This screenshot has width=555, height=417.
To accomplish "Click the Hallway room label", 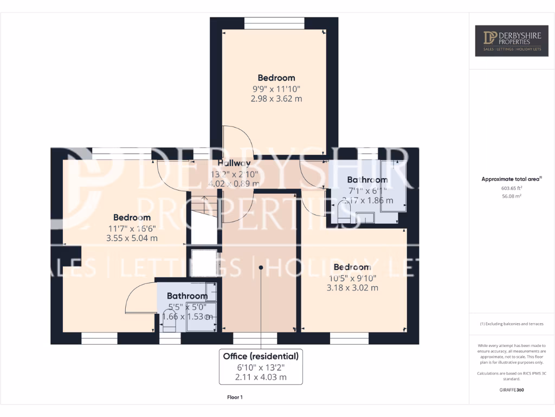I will coord(234,163).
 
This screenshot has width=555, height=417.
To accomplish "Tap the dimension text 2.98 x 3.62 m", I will coord(276,99).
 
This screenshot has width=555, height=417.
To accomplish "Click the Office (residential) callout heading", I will coord(261,357).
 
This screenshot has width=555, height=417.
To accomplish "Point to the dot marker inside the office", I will coord(261,267).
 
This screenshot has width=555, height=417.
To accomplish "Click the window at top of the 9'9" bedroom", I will coord(274,23).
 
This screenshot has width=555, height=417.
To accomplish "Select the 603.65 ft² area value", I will coord(512,188).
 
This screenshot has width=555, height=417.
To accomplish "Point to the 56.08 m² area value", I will coord(512,196).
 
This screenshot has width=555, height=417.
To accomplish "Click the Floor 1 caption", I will coord(235,397).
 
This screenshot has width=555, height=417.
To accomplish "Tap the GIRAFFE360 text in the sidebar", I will coord(512,390).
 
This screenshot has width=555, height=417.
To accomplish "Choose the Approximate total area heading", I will coord(511,179).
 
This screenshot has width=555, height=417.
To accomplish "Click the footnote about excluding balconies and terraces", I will coord(512,324).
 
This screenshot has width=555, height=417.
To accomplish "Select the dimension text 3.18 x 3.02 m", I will coord(352,288).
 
